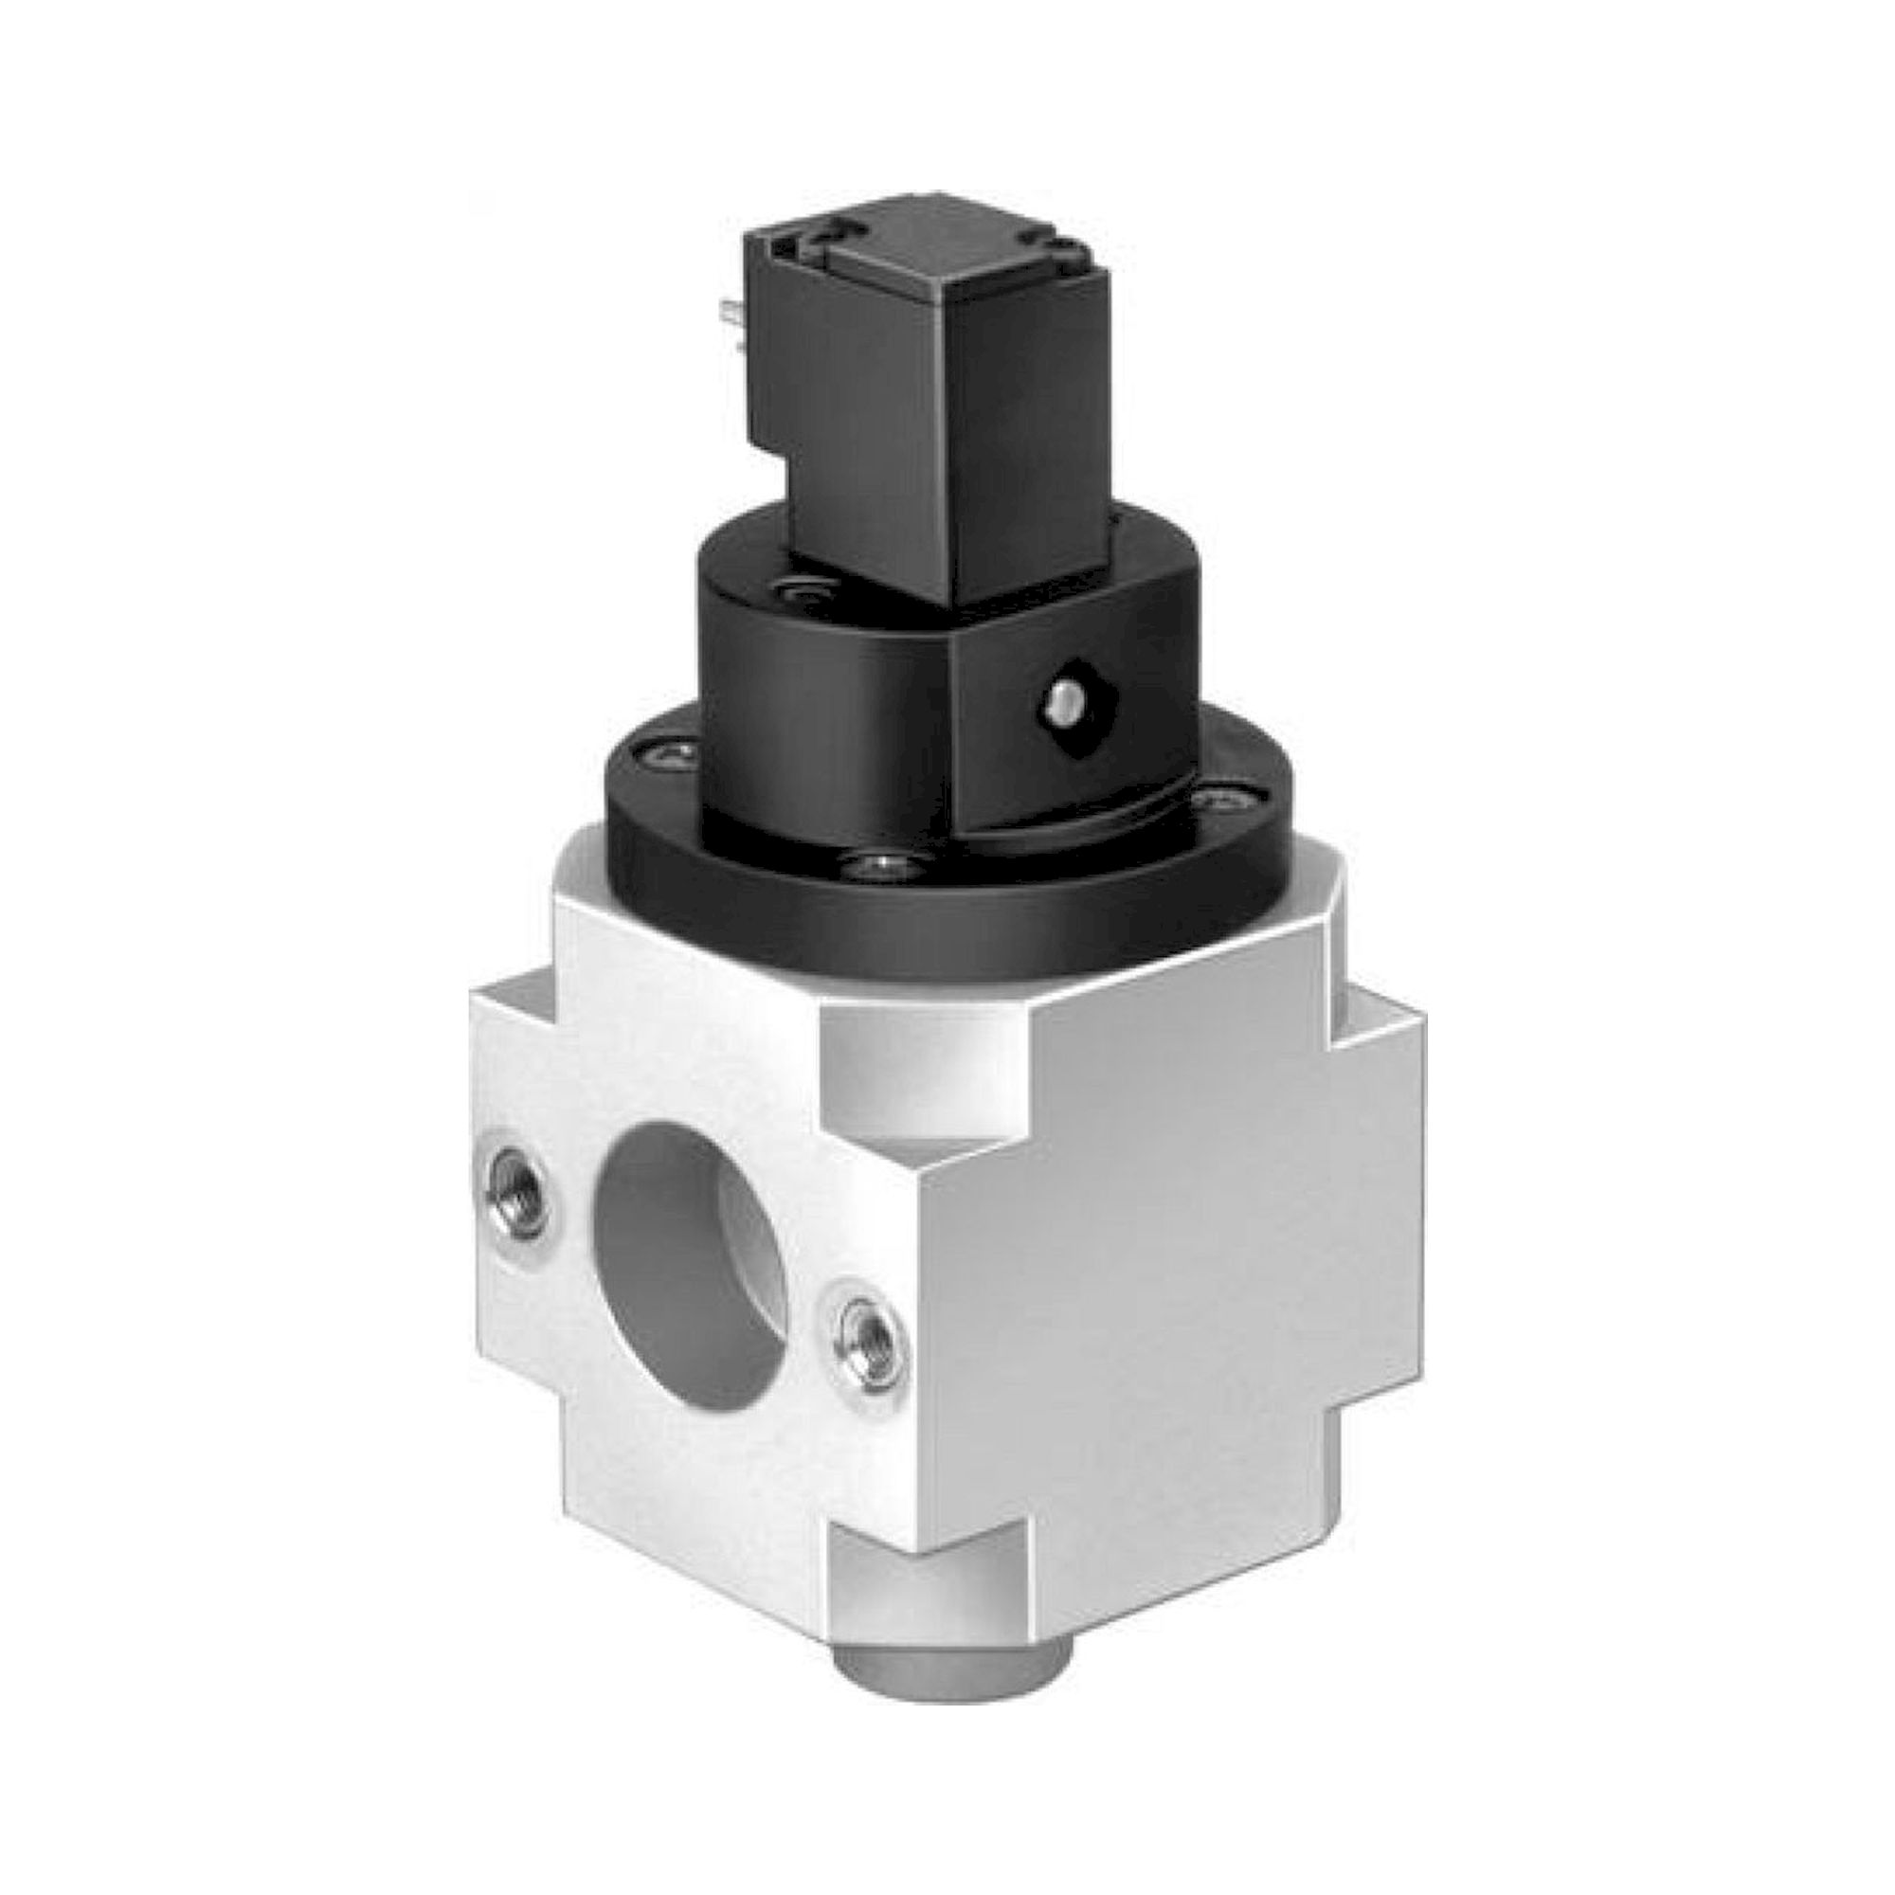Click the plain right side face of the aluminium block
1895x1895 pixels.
point(1158,1275)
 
